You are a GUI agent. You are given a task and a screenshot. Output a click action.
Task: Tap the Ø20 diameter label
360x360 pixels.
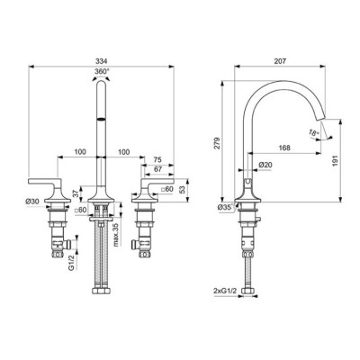click(x=264, y=165)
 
